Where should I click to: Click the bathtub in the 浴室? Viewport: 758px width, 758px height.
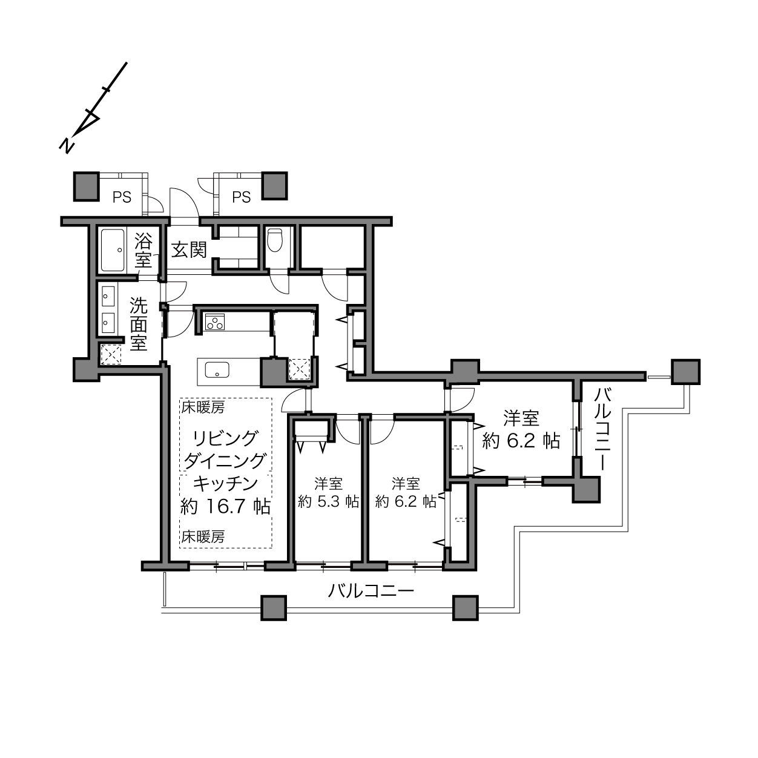point(113,250)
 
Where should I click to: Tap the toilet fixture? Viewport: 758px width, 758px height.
point(275,240)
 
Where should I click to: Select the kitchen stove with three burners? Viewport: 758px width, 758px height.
point(215,321)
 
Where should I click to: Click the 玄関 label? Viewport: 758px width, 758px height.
point(189,249)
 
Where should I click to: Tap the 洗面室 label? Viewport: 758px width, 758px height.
point(139,325)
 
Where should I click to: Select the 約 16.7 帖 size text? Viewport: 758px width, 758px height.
point(225,506)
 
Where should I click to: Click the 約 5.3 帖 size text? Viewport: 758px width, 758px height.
point(328,502)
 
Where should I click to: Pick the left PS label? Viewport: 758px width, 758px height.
point(122,197)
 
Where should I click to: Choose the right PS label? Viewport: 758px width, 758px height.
point(241,197)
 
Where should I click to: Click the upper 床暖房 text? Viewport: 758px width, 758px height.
point(203,408)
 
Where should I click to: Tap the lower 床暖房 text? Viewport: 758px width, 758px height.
point(203,536)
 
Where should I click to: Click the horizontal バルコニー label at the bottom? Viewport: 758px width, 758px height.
point(371,591)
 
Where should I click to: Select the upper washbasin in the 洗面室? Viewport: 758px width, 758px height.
point(108,296)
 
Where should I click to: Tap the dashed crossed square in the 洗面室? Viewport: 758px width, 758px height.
point(111,354)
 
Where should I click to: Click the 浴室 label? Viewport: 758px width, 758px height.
point(143,250)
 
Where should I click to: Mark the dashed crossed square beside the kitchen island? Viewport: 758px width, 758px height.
point(300,369)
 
